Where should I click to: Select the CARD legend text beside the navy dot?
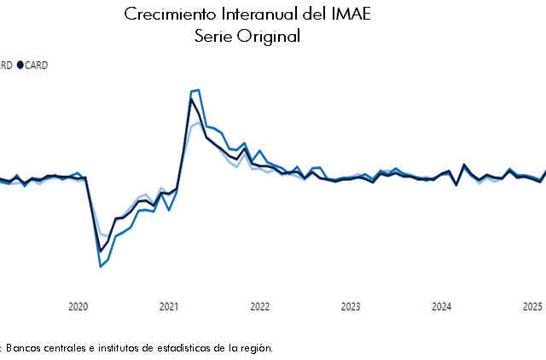pyautogui.click(x=37, y=65)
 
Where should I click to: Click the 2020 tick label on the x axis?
pyautogui.click(x=78, y=306)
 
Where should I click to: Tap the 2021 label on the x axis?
pyautogui.click(x=169, y=306)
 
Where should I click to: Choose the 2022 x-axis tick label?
pyautogui.click(x=259, y=306)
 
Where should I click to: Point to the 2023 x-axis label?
pyautogui.click(x=351, y=306)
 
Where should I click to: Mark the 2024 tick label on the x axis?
pyautogui.click(x=441, y=306)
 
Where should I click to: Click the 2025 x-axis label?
pyautogui.click(x=532, y=306)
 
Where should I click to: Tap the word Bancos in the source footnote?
pyautogui.click(x=26, y=347)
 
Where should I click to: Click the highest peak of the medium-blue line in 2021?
pyautogui.click(x=197, y=90)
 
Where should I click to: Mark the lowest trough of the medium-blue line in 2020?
pyautogui.click(x=101, y=266)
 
